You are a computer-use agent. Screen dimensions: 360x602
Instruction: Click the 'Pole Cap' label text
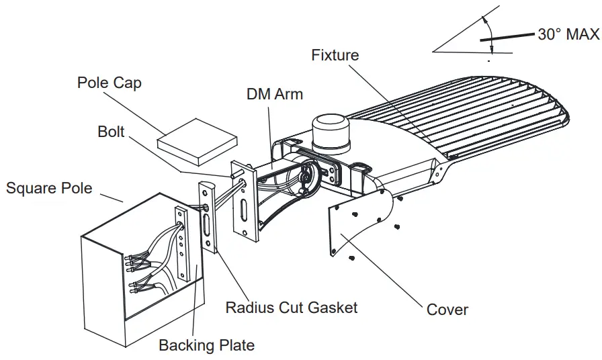click(x=110, y=83)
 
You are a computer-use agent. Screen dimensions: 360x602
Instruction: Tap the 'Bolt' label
click(x=111, y=132)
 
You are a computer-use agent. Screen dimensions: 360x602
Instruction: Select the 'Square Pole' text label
click(x=49, y=187)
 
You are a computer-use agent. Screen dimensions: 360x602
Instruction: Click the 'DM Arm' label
click(x=275, y=94)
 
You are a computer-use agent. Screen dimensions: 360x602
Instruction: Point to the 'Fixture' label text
click(x=335, y=55)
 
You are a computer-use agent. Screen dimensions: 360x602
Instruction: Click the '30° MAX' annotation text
click(x=568, y=35)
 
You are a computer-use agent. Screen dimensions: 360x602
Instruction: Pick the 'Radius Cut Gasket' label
click(x=291, y=308)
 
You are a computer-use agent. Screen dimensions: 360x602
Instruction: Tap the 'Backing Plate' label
click(x=206, y=345)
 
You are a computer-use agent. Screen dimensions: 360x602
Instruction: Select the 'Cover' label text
click(x=447, y=310)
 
